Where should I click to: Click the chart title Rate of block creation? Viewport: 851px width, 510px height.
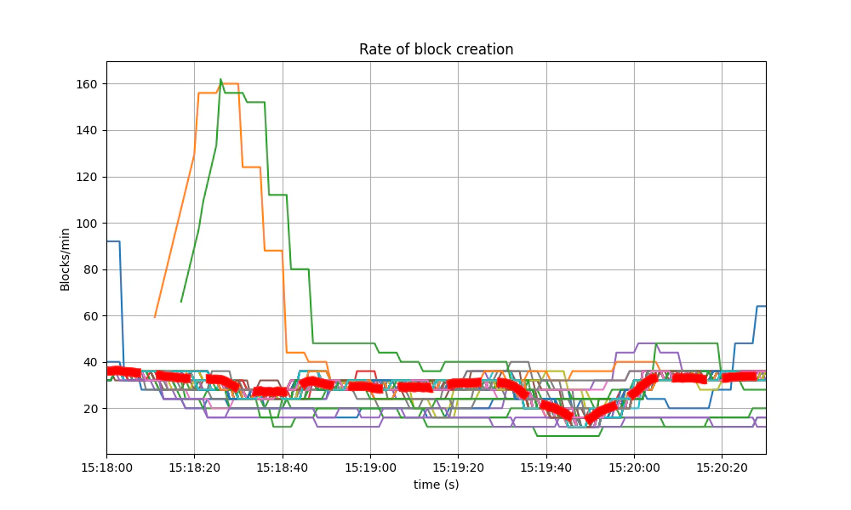pyautogui.click(x=436, y=49)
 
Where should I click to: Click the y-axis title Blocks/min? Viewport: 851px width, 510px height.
pyautogui.click(x=66, y=258)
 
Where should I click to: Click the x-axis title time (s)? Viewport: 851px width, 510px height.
pyautogui.click(x=436, y=484)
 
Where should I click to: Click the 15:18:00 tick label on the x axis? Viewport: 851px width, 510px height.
pyautogui.click(x=106, y=467)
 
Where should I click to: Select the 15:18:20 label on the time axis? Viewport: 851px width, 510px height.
pyautogui.click(x=194, y=467)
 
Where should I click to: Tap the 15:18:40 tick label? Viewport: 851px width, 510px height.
pyautogui.click(x=283, y=467)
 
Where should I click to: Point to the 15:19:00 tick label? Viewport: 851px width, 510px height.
pyautogui.click(x=370, y=467)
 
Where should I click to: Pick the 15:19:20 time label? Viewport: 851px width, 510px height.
pyautogui.click(x=458, y=467)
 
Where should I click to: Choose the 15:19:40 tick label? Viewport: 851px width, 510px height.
pyautogui.click(x=546, y=467)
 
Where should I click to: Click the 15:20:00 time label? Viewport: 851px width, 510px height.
pyautogui.click(x=634, y=467)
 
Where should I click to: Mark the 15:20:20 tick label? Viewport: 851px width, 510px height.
pyautogui.click(x=722, y=467)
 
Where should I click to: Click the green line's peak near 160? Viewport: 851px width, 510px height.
pyautogui.click(x=220, y=80)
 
